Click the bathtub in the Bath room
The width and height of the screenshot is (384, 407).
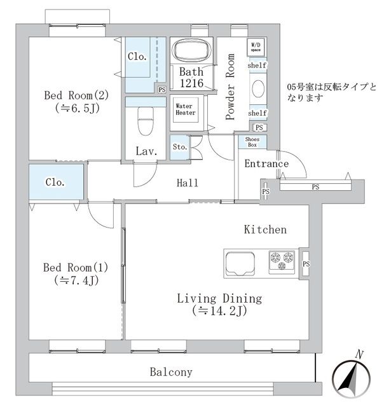coord(191,52)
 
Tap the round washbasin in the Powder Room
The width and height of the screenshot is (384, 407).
coord(258,90)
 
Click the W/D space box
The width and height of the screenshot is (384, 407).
coord(256,47)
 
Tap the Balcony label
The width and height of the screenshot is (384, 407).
coord(171,372)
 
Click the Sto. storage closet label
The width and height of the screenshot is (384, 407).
coord(180,146)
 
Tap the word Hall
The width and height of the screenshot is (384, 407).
coord(188,183)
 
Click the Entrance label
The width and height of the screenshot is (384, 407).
coord(266,164)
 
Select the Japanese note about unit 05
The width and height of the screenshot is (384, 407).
coord(331,92)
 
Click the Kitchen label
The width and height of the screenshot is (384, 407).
coord(265,230)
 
